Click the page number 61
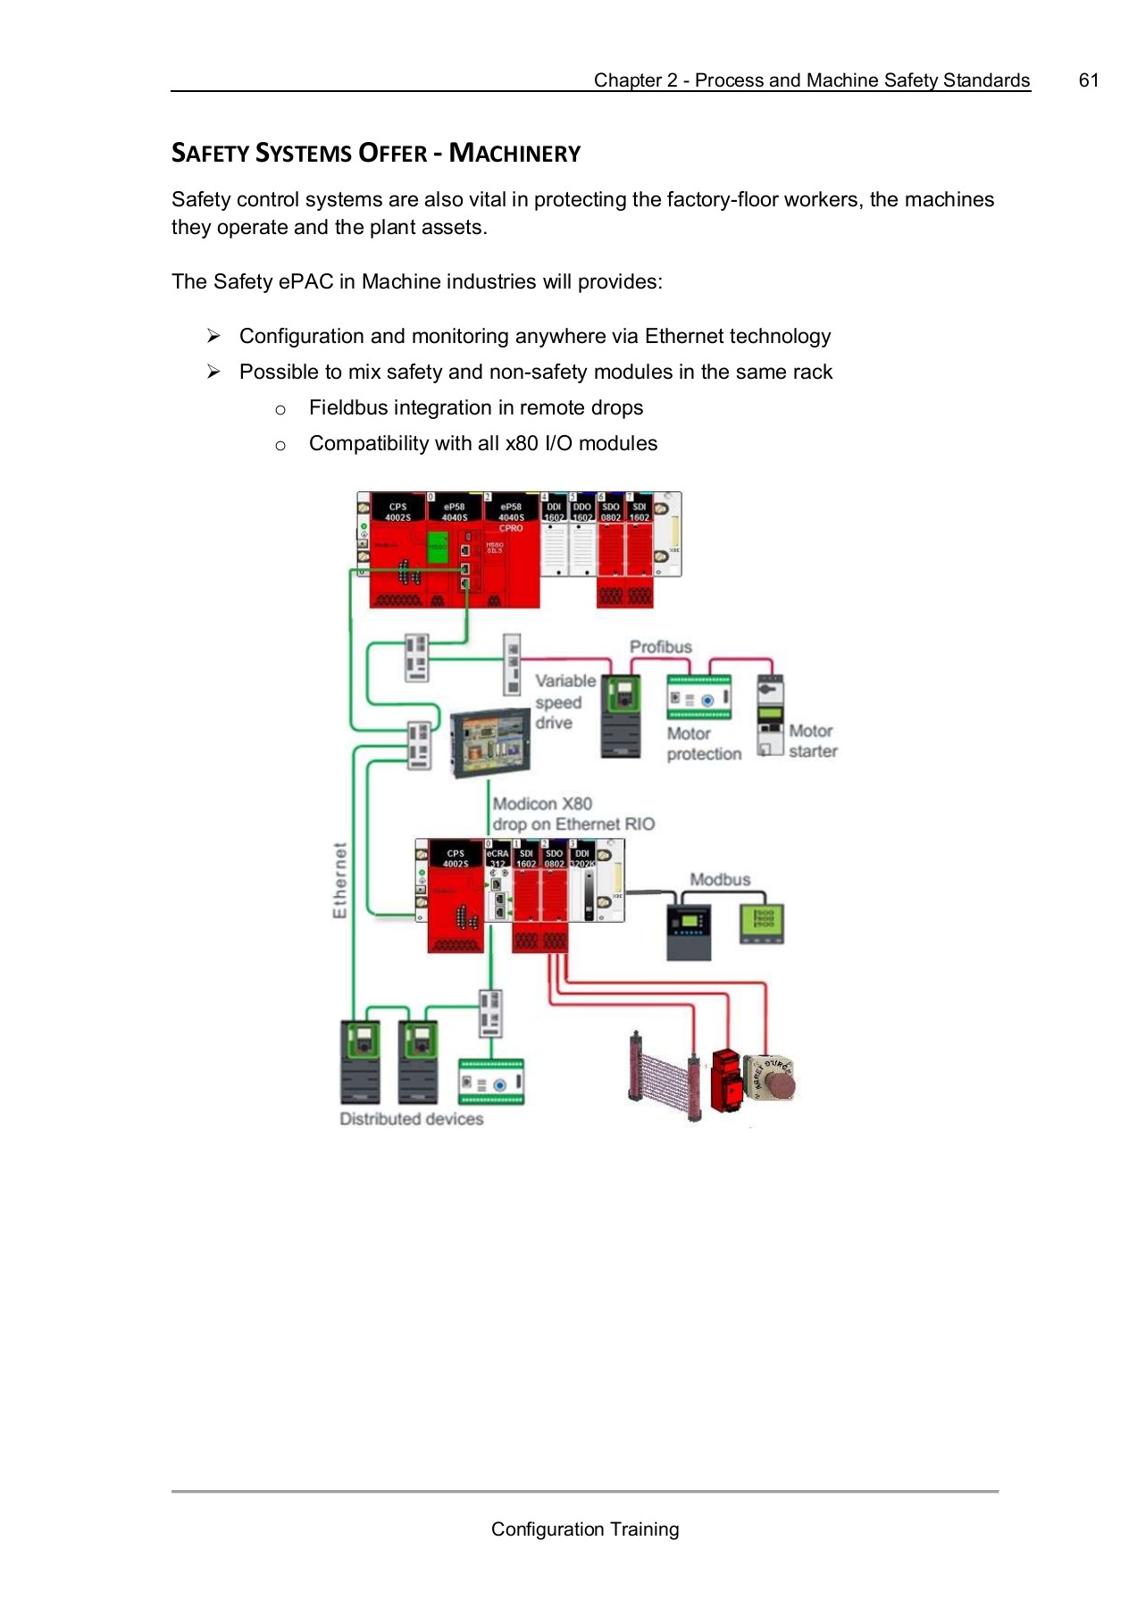coord(1088,80)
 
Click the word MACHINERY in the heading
coord(514,154)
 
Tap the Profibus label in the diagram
coord(660,647)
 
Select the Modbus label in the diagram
coord(720,880)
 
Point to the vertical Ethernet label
coord(339,880)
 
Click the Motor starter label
coord(812,741)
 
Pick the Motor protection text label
coord(704,743)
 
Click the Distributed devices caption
coord(411,1119)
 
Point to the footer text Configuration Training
coord(584,1529)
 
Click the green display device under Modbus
coord(762,922)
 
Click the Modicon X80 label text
coord(542,804)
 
